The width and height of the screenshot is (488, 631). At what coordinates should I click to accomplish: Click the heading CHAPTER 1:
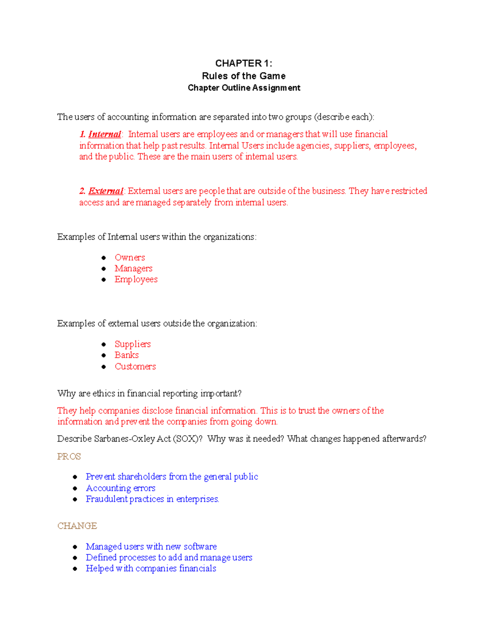244,63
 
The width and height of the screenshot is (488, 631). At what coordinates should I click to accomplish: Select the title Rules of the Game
244,76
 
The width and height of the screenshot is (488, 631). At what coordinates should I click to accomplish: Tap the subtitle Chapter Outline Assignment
244,88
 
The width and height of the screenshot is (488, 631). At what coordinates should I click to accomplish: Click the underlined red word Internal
105,134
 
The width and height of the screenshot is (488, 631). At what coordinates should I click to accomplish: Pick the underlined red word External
106,191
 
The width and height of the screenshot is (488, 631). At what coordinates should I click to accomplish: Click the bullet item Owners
130,258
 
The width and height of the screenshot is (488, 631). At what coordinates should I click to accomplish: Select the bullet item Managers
133,269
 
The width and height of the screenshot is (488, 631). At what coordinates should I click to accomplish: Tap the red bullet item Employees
136,280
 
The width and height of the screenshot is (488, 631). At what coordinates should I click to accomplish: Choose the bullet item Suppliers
133,344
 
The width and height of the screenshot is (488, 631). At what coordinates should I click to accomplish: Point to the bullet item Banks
126,355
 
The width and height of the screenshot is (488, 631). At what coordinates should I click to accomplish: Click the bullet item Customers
135,366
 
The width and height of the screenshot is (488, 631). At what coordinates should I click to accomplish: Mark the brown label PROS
69,457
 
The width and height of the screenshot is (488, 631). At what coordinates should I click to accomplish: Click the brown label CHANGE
77,526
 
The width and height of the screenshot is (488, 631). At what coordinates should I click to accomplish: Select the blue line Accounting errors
120,488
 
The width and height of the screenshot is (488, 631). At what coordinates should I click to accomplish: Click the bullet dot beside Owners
104,258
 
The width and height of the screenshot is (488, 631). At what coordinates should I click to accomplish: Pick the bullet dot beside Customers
104,366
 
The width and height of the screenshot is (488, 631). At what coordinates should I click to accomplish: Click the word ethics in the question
104,393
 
